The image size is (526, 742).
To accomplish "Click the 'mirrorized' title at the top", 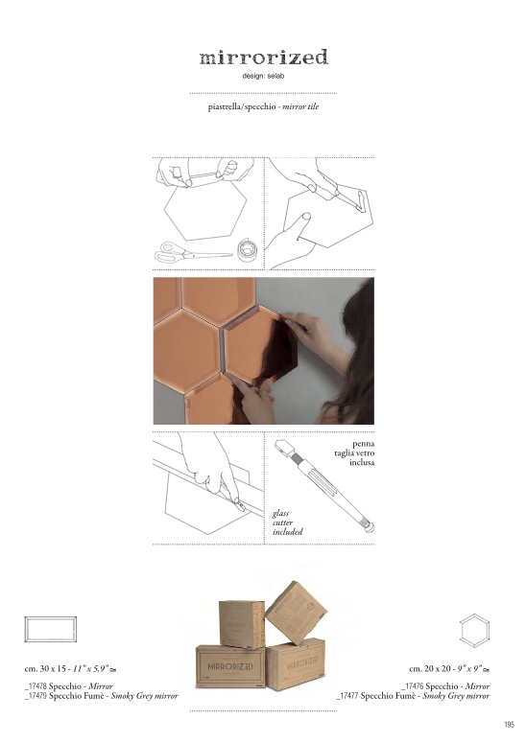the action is (263, 58).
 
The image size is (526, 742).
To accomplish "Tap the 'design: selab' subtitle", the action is (263, 76).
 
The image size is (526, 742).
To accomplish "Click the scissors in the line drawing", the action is (193, 252).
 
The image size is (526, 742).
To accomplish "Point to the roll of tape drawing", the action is (247, 249).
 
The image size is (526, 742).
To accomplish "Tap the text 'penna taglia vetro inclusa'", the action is (355, 452).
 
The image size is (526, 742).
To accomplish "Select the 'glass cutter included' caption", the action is (287, 522).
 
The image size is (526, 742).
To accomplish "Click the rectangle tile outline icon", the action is (51, 629).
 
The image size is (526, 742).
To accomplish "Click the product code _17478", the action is (36, 686).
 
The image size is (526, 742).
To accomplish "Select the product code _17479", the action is (36, 696).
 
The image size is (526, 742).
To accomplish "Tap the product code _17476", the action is (413, 686).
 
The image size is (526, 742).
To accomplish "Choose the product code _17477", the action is (347, 696).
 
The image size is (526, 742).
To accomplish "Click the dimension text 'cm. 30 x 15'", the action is (45, 669).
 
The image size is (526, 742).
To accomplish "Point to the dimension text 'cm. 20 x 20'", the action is (430, 669).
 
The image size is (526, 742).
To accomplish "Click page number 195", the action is (509, 725).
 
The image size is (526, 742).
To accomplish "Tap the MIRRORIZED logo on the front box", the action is (230, 666).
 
